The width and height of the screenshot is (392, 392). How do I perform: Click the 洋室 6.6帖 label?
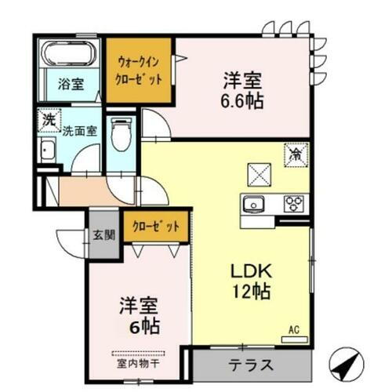[x=241, y=90]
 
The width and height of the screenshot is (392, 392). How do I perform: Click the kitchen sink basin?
[x=254, y=205]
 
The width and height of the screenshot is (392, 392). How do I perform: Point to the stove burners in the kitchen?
[x=295, y=204]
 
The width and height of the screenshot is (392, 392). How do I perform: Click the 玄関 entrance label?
[x=104, y=233]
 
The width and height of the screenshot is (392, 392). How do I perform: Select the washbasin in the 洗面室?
[x=46, y=153]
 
